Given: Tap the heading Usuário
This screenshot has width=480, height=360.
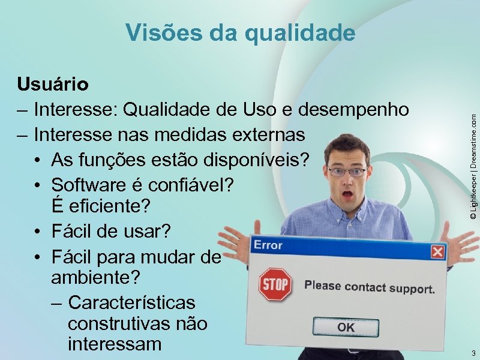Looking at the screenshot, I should coord(53,84).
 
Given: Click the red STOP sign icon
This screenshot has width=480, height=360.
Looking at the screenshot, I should coord(275,284).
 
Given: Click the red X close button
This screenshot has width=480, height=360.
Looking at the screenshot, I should coord(437,251).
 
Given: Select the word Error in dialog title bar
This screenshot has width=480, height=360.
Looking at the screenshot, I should coord(268,245).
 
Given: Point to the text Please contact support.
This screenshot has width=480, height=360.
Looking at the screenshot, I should coord(369,287).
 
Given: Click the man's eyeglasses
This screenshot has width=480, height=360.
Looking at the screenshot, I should coord(347,172).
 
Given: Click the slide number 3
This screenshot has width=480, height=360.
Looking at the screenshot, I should coord(473,352).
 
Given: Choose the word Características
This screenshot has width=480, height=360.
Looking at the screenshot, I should coord(131,301).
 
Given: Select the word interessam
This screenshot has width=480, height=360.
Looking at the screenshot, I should coord(115,344).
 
